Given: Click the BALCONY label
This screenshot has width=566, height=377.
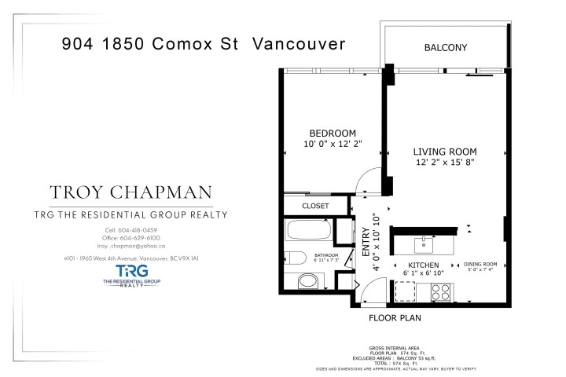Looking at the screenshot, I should pyautogui.click(x=446, y=48).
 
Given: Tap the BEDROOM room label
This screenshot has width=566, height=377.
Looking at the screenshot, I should pyautogui.click(x=333, y=134).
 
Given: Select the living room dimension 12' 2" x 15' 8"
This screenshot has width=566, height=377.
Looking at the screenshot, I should pyautogui.click(x=446, y=162).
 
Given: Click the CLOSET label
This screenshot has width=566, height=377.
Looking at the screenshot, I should pyautogui.click(x=316, y=207).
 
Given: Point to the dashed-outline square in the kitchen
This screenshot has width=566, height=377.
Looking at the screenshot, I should pyautogui.click(x=405, y=291).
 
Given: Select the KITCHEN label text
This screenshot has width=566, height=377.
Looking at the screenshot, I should pyautogui.click(x=423, y=265).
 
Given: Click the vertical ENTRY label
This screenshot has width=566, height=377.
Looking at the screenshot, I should pyautogui.click(x=366, y=243).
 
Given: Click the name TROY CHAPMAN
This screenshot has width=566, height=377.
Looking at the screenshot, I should pyautogui.click(x=131, y=193).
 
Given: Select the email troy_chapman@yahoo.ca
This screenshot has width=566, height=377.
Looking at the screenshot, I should pyautogui.click(x=131, y=246).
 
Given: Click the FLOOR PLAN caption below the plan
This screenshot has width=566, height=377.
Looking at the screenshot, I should pyautogui.click(x=395, y=318).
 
